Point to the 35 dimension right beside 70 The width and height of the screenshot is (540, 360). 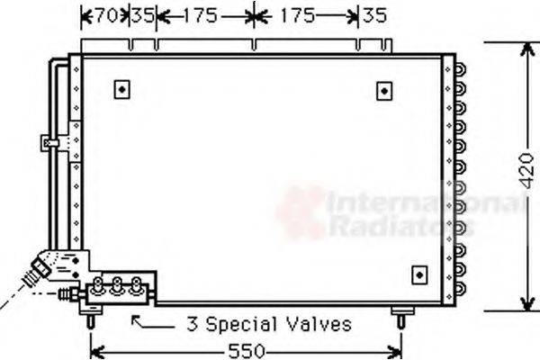click(x=141, y=15)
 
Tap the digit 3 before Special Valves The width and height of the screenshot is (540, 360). click(x=191, y=323)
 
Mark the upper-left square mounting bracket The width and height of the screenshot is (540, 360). click(x=122, y=89)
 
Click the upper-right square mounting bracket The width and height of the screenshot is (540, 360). click(x=385, y=90)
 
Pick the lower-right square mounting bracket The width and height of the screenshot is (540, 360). click(x=418, y=274)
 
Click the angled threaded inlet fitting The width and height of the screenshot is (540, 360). click(x=39, y=269)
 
